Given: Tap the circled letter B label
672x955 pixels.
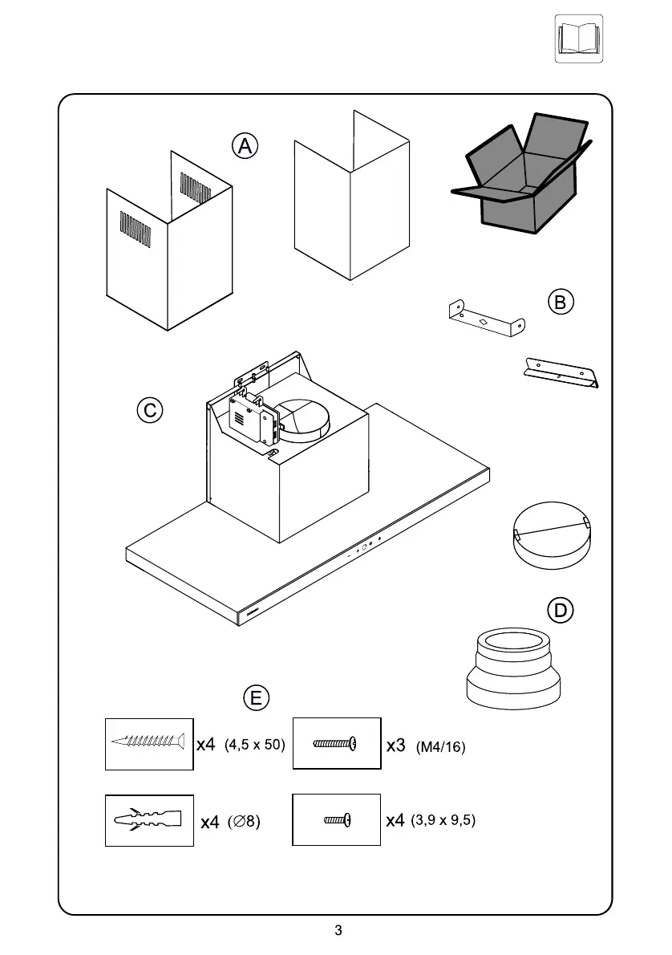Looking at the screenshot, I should [x=561, y=302].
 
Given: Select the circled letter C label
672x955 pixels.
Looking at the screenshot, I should [x=149, y=411].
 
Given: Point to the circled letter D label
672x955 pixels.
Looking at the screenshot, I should [x=561, y=611].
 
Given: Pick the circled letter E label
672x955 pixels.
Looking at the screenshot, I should [x=256, y=697].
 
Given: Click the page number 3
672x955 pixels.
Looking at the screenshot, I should [x=338, y=931].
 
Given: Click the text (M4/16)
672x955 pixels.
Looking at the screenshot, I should [x=441, y=747].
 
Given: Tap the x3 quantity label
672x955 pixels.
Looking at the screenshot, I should [x=396, y=746].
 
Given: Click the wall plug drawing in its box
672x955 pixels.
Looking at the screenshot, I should [x=149, y=820].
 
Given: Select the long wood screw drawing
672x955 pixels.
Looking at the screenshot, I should [x=149, y=740].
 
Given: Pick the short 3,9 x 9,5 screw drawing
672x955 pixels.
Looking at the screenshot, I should [x=337, y=820].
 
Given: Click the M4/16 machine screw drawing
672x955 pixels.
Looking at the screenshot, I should [x=335, y=743].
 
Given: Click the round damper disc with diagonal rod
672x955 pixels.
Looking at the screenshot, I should [x=551, y=537].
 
